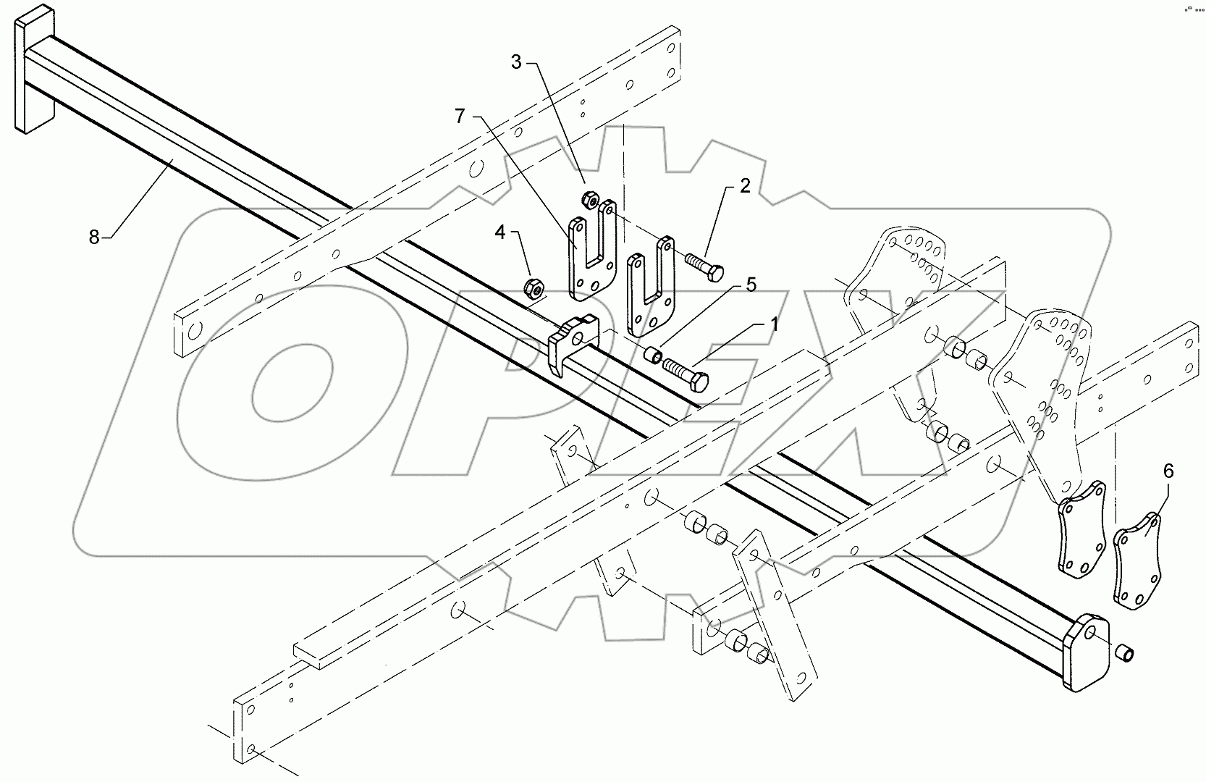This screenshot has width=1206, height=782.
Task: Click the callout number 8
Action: pyautogui.click(x=94, y=236)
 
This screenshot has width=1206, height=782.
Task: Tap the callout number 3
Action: pyautogui.click(x=516, y=62)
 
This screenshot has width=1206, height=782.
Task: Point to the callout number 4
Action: pyautogui.click(x=500, y=233)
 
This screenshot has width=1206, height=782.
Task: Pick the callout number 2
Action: pyautogui.click(x=745, y=188)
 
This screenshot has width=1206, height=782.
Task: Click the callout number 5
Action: pyautogui.click(x=751, y=285)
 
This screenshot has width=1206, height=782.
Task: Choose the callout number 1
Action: pyautogui.click(x=773, y=324)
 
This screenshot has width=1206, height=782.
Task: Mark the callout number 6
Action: pyautogui.click(x=1168, y=472)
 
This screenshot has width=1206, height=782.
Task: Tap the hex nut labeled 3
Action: pyautogui.click(x=589, y=198)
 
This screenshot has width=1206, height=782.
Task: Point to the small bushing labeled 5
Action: pyautogui.click(x=653, y=356)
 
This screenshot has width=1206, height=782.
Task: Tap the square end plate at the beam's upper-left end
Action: pyautogui.click(x=32, y=76)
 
